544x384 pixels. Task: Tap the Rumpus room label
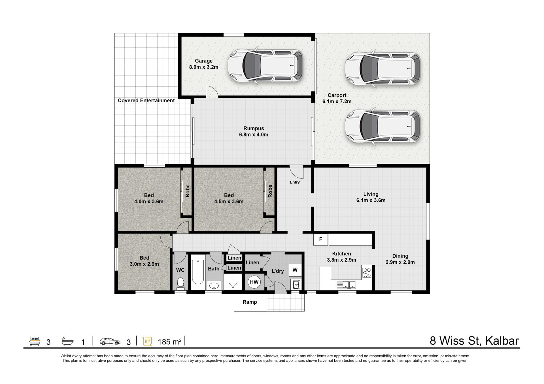254,128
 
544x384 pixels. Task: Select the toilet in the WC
180,283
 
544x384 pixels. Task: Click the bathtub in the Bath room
198,272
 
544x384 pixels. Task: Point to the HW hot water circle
254,282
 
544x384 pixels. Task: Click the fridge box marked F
320,239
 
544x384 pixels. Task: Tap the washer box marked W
295,270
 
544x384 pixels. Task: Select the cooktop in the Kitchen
367,272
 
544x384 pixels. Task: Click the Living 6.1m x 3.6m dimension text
371,200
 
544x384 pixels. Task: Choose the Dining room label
400,256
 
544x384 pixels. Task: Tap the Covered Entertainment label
146,101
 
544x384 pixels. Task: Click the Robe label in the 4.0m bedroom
187,191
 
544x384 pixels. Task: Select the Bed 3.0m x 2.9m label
144,261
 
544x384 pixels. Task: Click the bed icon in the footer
35,341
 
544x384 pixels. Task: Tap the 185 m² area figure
169,342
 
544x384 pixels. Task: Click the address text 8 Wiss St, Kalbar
474,341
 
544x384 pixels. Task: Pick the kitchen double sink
346,285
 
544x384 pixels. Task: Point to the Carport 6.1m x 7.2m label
337,98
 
